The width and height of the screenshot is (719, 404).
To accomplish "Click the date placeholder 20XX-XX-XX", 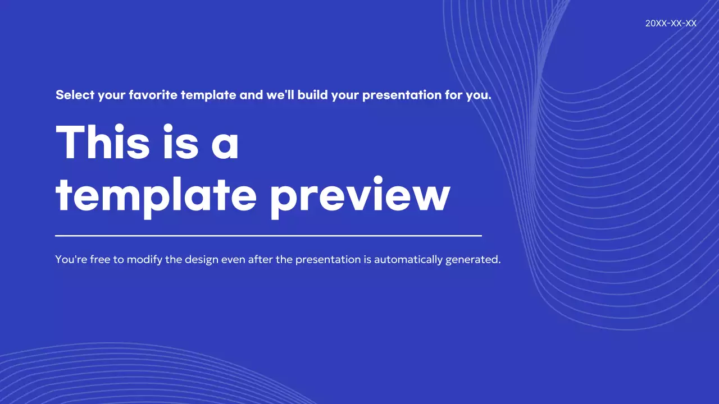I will point(671,24).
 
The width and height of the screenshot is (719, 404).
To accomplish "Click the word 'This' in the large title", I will point(103,142).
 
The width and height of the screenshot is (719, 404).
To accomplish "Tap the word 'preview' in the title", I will point(360,196).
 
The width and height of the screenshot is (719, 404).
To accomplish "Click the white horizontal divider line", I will point(269,236).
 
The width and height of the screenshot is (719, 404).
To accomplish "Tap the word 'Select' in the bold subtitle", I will point(75,95).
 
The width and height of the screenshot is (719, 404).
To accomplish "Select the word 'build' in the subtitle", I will point(313,95).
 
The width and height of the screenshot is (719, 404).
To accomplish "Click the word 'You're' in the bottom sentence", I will point(71,260).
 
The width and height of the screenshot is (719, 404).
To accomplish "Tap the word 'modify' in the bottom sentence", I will point(144,260).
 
